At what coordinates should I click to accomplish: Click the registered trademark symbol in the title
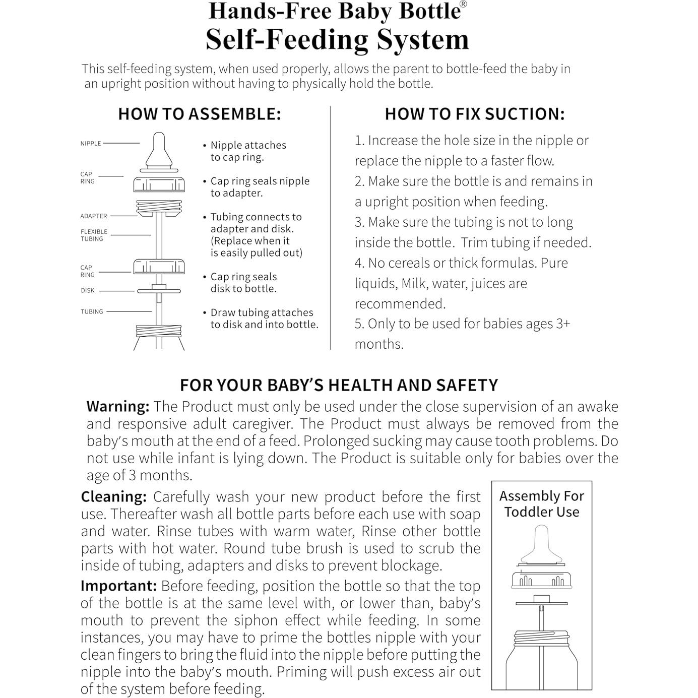pyautogui.click(x=463, y=4)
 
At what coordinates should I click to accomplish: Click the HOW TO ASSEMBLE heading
pyautogui.click(x=199, y=114)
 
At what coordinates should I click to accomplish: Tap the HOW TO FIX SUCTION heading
pyautogui.click(x=475, y=114)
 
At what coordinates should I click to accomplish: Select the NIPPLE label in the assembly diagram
pyautogui.click(x=91, y=144)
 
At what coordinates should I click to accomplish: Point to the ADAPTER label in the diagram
pyautogui.click(x=94, y=216)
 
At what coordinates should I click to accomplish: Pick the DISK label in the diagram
pyautogui.click(x=88, y=291)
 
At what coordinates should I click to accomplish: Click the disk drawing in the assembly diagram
pyautogui.click(x=159, y=290)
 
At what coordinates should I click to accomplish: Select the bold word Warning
pyautogui.click(x=118, y=407)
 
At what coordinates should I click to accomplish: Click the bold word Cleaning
pyautogui.click(x=114, y=497)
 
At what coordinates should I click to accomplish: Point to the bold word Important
pyautogui.click(x=119, y=586)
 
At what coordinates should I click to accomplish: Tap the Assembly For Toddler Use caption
pyautogui.click(x=542, y=504)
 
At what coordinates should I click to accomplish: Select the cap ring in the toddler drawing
pyautogui.click(x=542, y=580)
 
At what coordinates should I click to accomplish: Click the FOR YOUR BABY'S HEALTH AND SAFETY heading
pyautogui.click(x=339, y=386)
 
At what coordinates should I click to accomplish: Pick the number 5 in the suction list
pyautogui.click(x=358, y=324)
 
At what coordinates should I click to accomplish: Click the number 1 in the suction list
pyautogui.click(x=358, y=141)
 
